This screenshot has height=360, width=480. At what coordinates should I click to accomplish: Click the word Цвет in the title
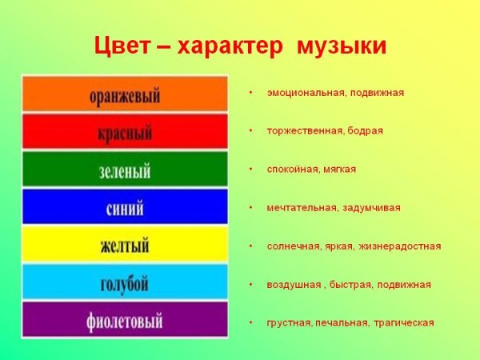coord(119,46)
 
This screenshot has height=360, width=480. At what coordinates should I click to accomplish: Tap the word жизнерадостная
coord(399,246)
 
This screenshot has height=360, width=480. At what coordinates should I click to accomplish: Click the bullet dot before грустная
coord(250,322)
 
